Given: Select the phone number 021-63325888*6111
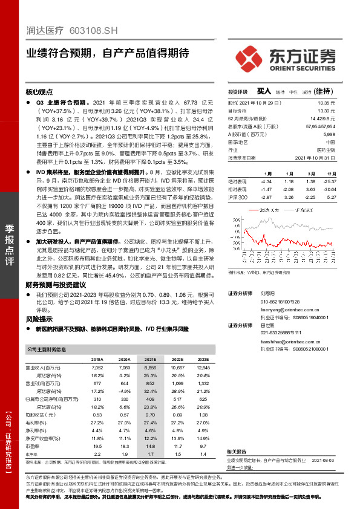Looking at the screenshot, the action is pyautogui.click(x=281, y=332).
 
